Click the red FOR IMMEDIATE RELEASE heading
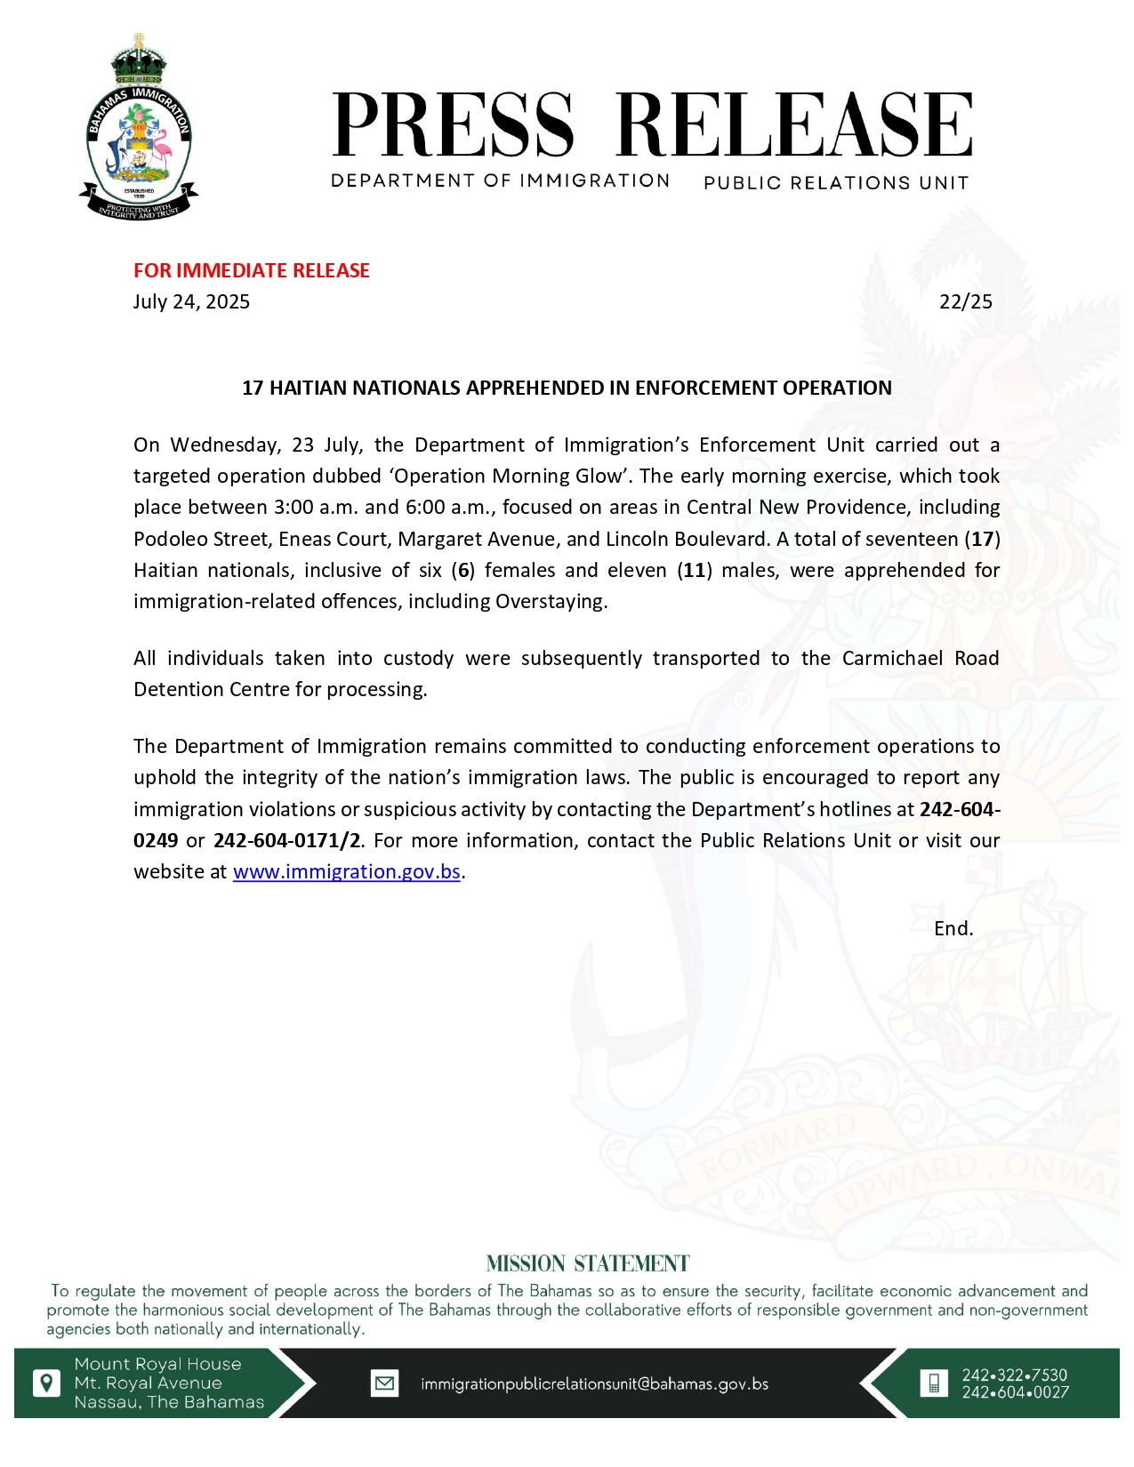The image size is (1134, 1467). pyautogui.click(x=252, y=270)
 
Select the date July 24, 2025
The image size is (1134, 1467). pyautogui.click(x=191, y=301)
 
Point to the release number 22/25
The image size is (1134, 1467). pyautogui.click(x=965, y=301)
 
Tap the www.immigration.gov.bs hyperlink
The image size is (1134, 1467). pyautogui.click(x=346, y=871)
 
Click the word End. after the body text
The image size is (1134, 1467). pyautogui.click(x=953, y=928)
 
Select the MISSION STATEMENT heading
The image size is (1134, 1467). pyautogui.click(x=588, y=1263)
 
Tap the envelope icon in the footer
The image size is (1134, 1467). pyautogui.click(x=384, y=1383)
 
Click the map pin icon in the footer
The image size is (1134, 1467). pyautogui.click(x=46, y=1383)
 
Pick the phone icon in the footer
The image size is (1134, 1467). pyautogui.click(x=933, y=1383)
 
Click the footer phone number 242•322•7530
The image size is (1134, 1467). pyautogui.click(x=1015, y=1375)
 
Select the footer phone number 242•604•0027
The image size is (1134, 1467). pyautogui.click(x=1015, y=1392)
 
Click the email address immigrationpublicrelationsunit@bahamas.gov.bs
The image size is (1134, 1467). pyautogui.click(x=594, y=1384)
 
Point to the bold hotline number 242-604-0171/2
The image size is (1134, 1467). pyautogui.click(x=286, y=840)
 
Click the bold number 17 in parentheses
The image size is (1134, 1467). pyautogui.click(x=982, y=539)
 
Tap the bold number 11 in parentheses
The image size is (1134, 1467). pyautogui.click(x=695, y=570)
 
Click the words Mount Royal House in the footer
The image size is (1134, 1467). pyautogui.click(x=157, y=1364)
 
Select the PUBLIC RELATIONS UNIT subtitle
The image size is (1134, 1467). pyautogui.click(x=835, y=183)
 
